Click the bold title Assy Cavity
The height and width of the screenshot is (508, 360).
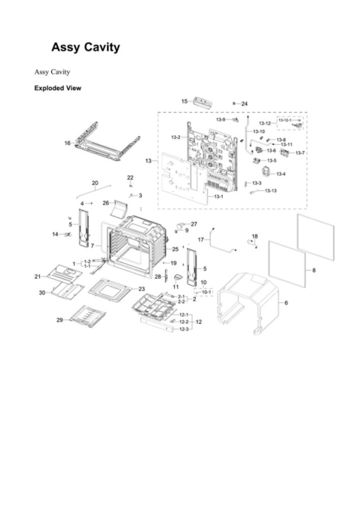[85, 47]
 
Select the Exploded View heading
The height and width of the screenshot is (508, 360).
[57, 88]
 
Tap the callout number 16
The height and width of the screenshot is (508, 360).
[67, 143]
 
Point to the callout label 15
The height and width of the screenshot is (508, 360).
[184, 101]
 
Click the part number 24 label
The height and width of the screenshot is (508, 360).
[244, 104]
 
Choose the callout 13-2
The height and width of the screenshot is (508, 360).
[175, 137]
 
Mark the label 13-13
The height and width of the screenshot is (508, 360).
[270, 191]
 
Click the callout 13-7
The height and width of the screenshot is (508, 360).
[300, 153]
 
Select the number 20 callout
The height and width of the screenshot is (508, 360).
[95, 182]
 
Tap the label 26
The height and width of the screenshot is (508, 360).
[106, 202]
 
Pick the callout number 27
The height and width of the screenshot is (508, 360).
[193, 224]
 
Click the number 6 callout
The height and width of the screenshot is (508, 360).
[286, 303]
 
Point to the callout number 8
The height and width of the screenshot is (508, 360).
[314, 270]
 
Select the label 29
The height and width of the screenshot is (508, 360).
[60, 320]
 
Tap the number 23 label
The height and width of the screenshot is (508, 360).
[141, 288]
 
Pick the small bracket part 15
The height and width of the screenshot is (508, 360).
[204, 102]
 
